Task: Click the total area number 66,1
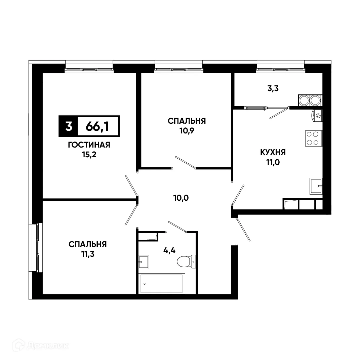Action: [x=97, y=126]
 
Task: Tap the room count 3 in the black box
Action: [x=69, y=126]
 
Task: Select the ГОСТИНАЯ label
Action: [x=89, y=145]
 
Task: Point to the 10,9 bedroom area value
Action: [x=187, y=130]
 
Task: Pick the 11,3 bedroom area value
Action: [x=87, y=254]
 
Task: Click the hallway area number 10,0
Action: [x=181, y=198]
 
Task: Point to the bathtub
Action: [x=162, y=283]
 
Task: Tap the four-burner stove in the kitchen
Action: [x=312, y=138]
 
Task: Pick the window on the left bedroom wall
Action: [x=37, y=247]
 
